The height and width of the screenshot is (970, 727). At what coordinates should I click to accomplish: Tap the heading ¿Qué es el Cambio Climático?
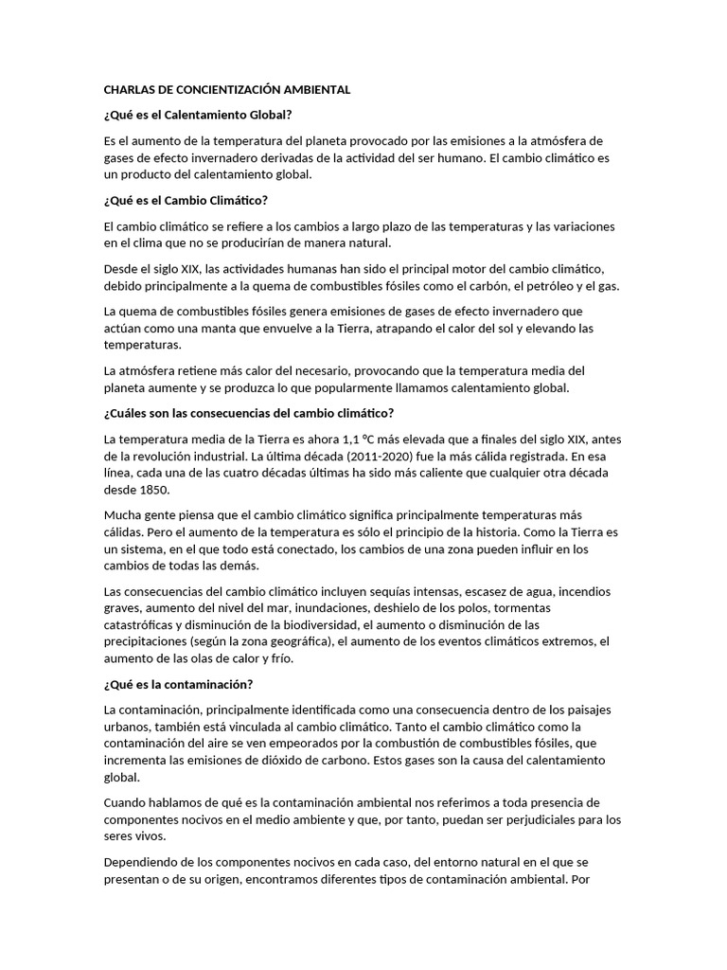186,201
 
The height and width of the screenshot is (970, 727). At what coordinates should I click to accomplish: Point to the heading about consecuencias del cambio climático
248,413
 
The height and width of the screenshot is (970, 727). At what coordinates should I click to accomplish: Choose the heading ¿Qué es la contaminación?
178,684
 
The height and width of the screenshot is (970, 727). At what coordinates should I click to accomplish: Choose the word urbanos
128,727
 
